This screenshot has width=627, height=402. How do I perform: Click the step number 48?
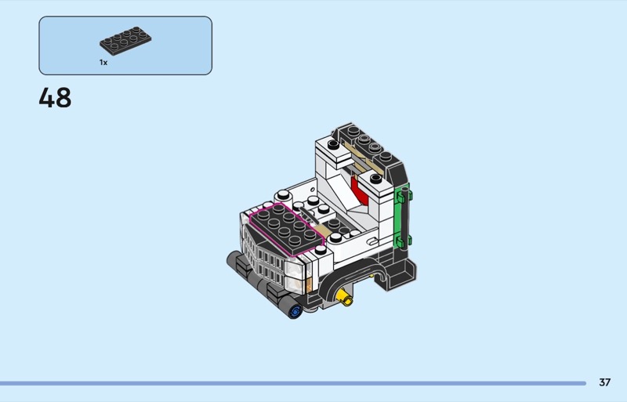55,98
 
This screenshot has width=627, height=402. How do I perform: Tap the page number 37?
604,382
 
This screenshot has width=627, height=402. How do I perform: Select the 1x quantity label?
103,63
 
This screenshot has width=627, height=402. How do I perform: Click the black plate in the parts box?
125,41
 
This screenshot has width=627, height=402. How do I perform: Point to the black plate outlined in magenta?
286,229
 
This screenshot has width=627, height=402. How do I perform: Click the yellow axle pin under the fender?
345,297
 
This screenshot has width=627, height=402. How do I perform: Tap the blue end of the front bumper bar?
295,311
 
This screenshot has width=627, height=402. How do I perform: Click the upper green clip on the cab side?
403,195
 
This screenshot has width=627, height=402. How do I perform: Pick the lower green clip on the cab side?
403,241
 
